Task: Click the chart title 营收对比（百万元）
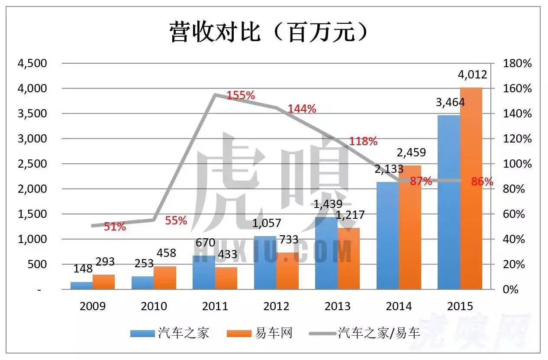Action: point(269,33)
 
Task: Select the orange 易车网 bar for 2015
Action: point(471,188)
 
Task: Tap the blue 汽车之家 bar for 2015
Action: point(449,202)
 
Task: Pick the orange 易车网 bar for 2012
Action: point(287,271)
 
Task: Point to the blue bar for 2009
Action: point(81,285)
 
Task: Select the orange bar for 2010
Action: point(165,278)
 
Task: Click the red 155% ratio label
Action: point(241,95)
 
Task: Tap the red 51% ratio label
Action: point(115,226)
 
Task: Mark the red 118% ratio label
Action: point(363,141)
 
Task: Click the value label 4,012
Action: point(472,75)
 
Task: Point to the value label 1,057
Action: point(266,223)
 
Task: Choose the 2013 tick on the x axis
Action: point(338,306)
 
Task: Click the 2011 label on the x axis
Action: point(215,306)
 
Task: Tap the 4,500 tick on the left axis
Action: point(31,63)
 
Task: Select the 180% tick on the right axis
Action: point(517,63)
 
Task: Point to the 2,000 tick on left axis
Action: point(31,189)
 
